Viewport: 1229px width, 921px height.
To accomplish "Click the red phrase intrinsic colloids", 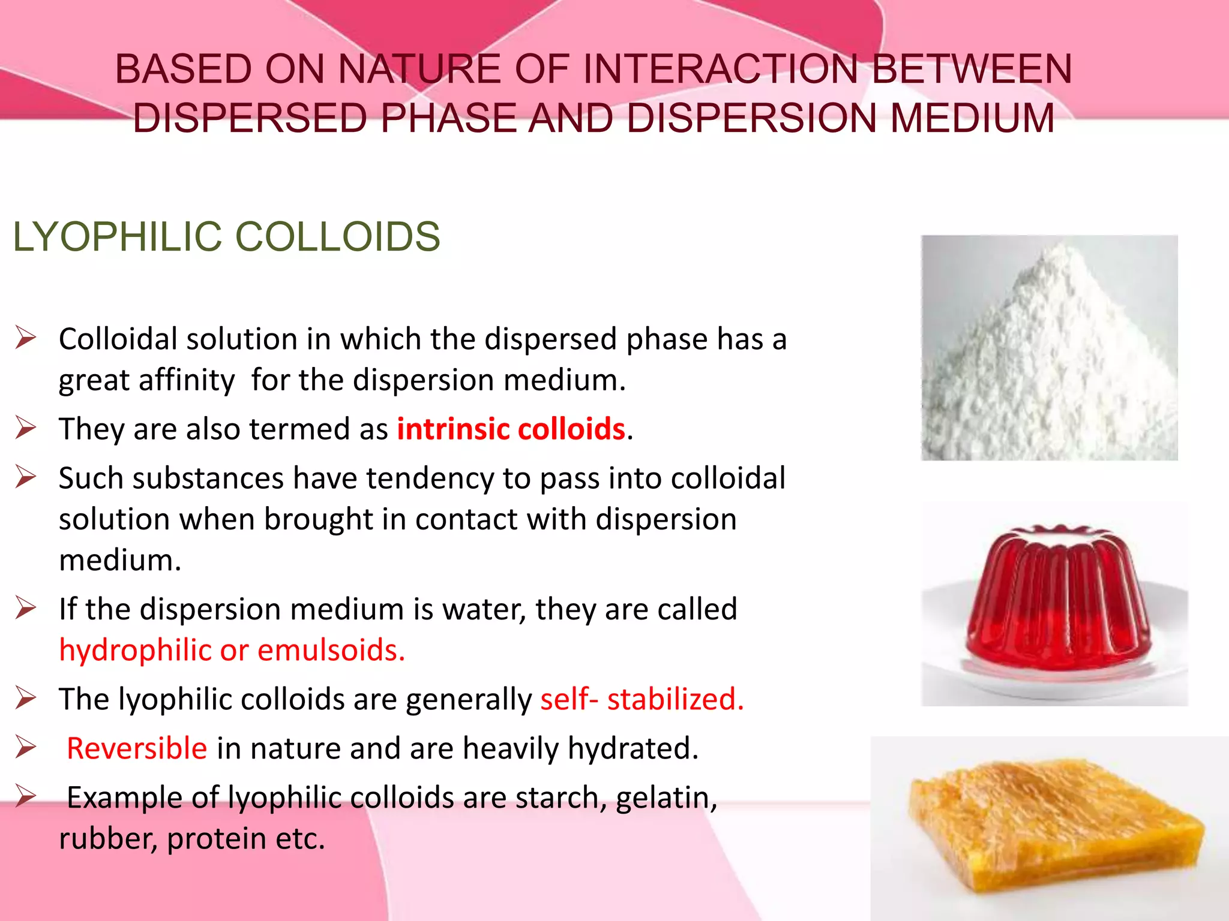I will pos(511,429).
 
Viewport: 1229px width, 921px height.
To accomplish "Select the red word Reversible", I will pos(137,748).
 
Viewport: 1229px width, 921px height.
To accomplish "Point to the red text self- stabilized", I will pos(642,699).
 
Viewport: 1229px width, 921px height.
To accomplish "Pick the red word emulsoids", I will pos(331,650).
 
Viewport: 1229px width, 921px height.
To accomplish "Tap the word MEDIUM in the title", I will pos(972,118).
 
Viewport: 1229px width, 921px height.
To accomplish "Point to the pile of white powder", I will pos(1049,354).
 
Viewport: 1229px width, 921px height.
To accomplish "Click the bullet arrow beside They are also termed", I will pos(26,428).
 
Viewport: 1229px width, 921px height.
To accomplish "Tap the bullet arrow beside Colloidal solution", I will pos(26,338).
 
